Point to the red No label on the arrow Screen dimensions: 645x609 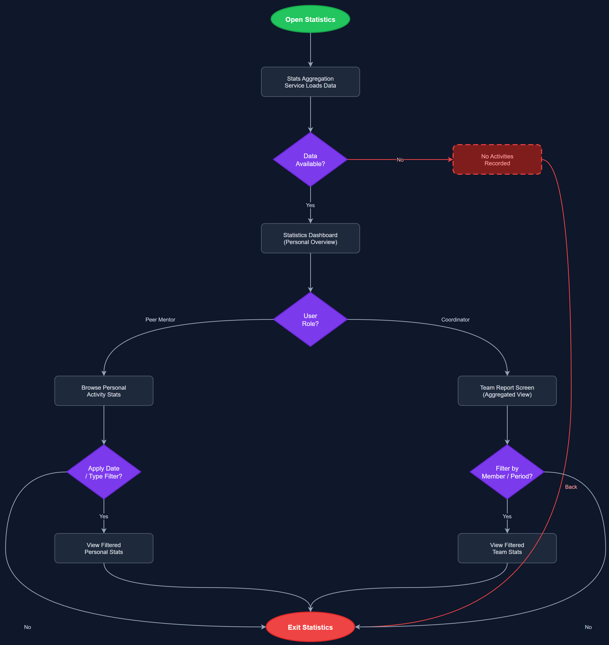point(400,160)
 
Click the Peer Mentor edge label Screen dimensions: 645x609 point(160,319)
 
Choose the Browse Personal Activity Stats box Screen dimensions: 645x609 point(104,391)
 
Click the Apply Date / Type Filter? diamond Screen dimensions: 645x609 point(104,472)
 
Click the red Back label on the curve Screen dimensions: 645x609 point(571,487)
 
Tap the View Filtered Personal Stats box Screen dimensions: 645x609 point(104,548)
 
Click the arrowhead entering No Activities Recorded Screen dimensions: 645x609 point(450,159)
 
